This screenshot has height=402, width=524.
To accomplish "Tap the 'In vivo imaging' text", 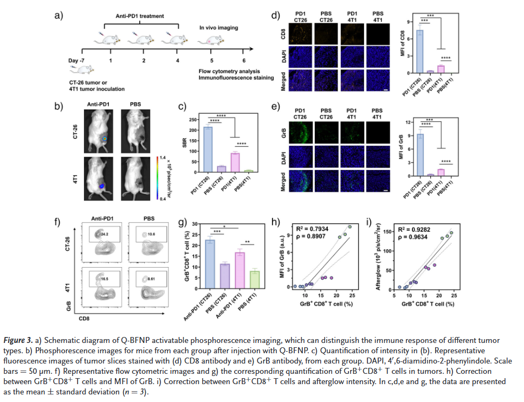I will click(x=218, y=27).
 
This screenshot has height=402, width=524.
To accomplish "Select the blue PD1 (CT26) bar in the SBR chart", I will click(x=208, y=148).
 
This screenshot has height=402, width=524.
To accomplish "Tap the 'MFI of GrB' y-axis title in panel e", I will click(x=402, y=147).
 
